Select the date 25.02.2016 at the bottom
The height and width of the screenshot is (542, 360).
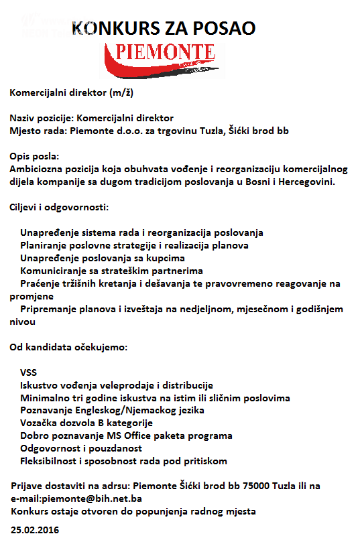click(34, 529)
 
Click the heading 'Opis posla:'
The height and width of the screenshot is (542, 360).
click(35, 156)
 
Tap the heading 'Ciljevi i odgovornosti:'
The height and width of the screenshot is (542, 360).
click(60, 207)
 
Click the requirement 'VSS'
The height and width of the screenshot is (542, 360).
click(29, 372)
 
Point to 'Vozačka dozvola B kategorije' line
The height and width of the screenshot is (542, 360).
click(86, 423)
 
